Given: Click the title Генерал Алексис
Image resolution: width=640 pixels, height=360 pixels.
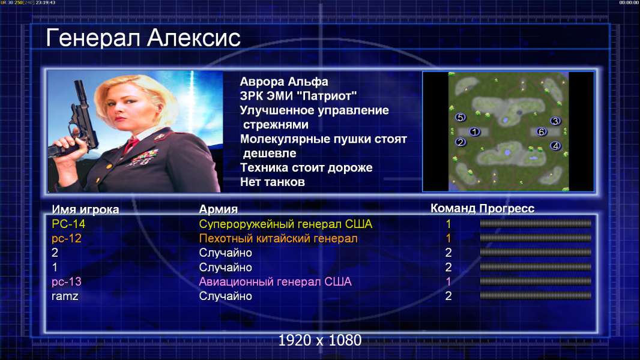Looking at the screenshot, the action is (x=143, y=38).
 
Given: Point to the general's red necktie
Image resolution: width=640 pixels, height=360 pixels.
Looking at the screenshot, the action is (x=131, y=145).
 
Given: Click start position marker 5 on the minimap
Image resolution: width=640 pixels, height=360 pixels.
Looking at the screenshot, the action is (x=460, y=118).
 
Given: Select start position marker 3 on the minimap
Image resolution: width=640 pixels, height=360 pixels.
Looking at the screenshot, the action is (x=555, y=121).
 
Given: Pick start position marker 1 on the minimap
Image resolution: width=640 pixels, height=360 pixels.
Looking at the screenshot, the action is (x=474, y=131).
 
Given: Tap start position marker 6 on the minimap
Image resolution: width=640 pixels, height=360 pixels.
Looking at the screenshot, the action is (x=542, y=131).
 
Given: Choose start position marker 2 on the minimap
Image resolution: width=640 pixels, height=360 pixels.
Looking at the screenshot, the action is (x=460, y=142).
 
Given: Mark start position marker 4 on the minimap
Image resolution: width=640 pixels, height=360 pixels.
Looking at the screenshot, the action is (x=555, y=146).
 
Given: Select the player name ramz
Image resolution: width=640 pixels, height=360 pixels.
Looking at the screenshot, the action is (x=65, y=296).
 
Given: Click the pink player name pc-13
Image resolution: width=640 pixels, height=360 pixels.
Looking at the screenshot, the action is (x=67, y=282).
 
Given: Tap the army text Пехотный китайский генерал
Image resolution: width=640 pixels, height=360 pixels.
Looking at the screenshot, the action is (x=279, y=239).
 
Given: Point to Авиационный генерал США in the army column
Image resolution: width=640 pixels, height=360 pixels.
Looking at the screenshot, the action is (x=275, y=282).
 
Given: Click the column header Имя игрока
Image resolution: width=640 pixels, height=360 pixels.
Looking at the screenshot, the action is (x=85, y=209).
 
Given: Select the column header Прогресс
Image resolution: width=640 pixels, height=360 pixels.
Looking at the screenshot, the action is (x=507, y=208).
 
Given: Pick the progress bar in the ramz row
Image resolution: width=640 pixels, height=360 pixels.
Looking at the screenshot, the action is (x=536, y=296).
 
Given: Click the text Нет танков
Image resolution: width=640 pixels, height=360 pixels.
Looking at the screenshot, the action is (x=273, y=182).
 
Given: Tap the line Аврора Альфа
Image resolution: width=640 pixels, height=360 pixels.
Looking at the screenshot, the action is (x=284, y=82).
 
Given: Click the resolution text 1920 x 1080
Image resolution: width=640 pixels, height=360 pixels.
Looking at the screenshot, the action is (x=320, y=340).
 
